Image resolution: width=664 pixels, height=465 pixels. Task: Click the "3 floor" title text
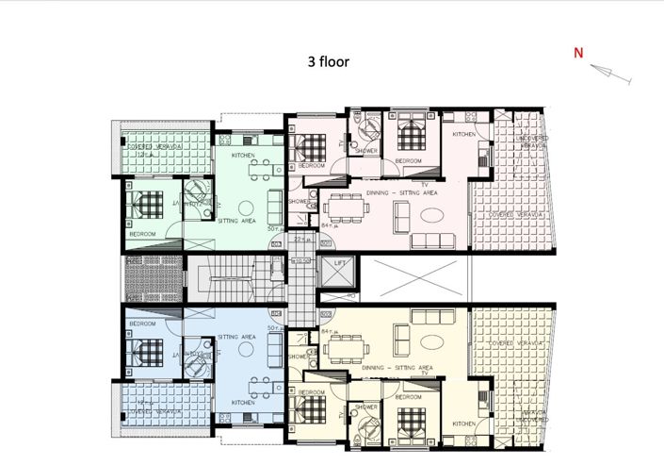click(x=328, y=62)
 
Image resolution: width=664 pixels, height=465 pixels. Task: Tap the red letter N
click(x=579, y=54)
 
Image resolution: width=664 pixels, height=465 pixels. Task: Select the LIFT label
click(x=340, y=263)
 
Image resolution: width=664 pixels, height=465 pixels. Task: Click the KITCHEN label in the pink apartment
click(x=464, y=135)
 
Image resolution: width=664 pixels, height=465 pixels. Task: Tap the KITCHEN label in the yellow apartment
click(x=463, y=423)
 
